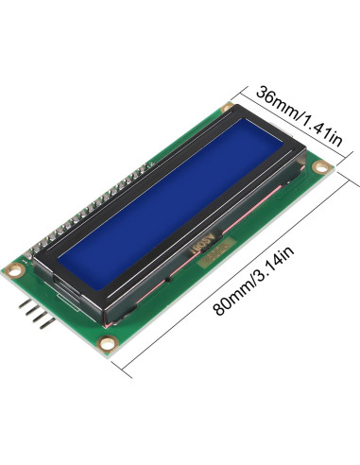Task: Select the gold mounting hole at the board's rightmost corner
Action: click(x=321, y=169)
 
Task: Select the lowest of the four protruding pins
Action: click(x=43, y=325)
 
